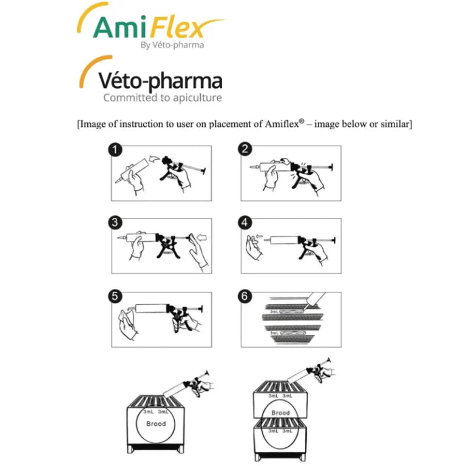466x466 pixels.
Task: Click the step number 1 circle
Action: pos(115,150)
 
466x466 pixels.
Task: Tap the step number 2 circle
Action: pos(245,149)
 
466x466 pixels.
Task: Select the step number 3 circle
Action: pos(115,223)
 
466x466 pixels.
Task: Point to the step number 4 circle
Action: pos(245,223)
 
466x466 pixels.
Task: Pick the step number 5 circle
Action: pos(115,296)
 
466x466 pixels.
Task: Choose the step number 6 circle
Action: pos(245,296)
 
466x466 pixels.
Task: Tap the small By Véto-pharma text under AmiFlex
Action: pos(172,45)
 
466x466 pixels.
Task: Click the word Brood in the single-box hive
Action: pos(156,424)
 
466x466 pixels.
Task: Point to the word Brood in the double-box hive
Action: pos(280,413)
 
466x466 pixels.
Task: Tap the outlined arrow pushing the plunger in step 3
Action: pos(202,237)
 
